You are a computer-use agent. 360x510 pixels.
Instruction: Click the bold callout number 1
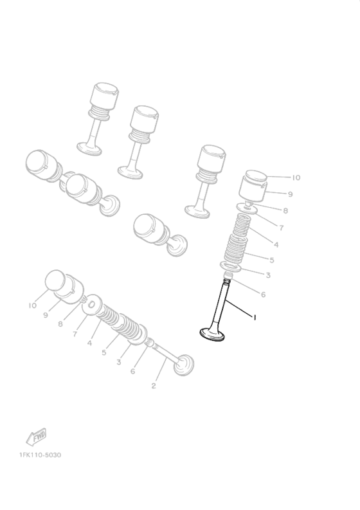[x=255, y=318]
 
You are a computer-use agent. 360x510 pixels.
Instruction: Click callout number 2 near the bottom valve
[x=154, y=386]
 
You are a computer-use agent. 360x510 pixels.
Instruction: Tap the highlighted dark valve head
[x=212, y=334]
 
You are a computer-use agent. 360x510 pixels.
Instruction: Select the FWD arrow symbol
[x=37, y=437]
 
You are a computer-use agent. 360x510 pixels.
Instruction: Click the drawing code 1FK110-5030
[x=40, y=455]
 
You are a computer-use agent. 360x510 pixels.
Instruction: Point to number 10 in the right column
[x=296, y=178]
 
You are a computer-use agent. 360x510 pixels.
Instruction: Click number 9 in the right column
[x=290, y=194]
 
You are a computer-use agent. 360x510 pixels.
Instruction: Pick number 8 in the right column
[x=285, y=211]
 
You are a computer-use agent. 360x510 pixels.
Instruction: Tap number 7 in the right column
[x=282, y=228]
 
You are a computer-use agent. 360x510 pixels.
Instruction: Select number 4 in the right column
[x=276, y=244]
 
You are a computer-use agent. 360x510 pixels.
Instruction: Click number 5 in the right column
[x=272, y=260]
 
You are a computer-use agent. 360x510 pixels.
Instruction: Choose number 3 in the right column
[x=268, y=275]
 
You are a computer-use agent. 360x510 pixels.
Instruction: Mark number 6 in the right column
[x=263, y=295]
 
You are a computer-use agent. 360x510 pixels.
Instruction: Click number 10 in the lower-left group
[x=33, y=305]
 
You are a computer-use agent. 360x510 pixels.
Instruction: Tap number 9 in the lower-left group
[x=46, y=315]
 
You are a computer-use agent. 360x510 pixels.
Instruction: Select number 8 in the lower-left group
[x=60, y=324]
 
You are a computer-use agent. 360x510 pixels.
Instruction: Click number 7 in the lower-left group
[x=75, y=334]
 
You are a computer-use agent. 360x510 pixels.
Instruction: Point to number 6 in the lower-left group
[x=132, y=371]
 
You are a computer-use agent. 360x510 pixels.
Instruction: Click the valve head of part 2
[x=184, y=365]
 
